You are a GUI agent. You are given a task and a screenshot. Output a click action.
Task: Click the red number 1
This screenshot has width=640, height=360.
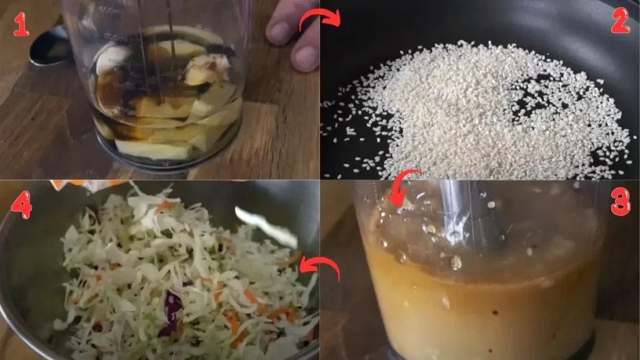(x=21, y=24)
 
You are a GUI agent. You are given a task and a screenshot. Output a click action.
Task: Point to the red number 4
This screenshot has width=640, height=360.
(x=21, y=204)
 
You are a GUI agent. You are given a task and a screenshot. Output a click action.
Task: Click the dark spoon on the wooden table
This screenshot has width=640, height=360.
(x=50, y=47)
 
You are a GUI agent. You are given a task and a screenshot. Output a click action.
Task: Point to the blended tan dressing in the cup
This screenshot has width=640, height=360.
(x=475, y=300)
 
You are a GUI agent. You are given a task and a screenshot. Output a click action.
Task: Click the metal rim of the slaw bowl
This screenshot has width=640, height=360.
(x=25, y=294)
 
